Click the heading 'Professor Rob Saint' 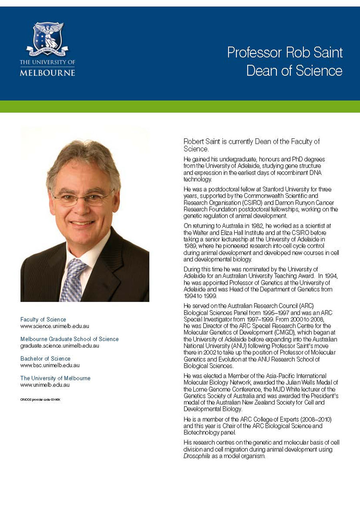[x=285, y=52]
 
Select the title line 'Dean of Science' [x=294, y=70]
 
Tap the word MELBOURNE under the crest [x=47, y=73]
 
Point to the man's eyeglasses [x=82, y=198]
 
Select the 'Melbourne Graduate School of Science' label [x=69, y=339]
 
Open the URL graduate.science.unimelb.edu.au [x=60, y=345]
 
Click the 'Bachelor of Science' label [x=45, y=359]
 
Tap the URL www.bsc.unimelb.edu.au [x=50, y=365]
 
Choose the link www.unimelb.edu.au [x=45, y=385]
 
